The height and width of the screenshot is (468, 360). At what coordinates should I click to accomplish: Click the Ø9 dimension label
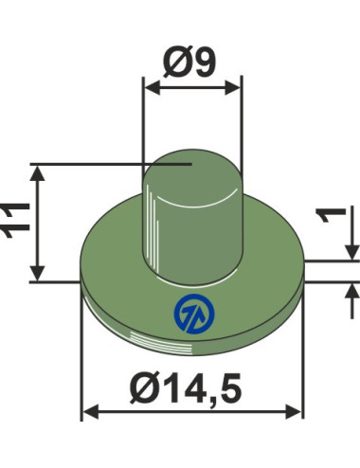click(x=189, y=63)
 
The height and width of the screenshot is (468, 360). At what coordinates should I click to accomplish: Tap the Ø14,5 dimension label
click(x=187, y=388)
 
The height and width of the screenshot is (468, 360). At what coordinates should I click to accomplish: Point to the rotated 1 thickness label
click(x=332, y=215)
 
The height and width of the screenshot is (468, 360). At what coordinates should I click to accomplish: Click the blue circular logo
click(x=194, y=314)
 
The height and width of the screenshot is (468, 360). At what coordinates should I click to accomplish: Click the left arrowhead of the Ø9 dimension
click(x=153, y=87)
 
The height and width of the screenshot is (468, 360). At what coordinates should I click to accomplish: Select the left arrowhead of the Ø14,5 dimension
click(x=91, y=411)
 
